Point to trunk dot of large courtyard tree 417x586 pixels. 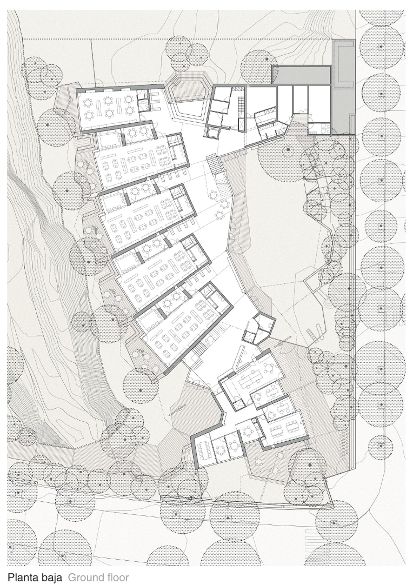click(288, 149)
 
